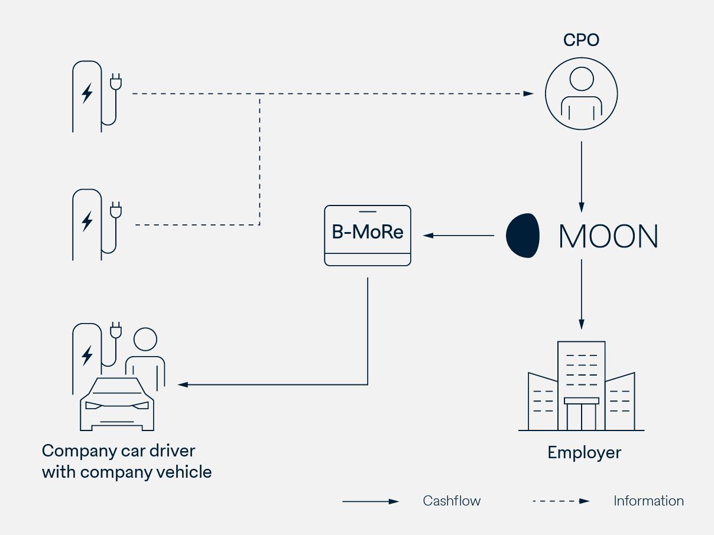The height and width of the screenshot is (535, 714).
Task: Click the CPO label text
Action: [x=581, y=40]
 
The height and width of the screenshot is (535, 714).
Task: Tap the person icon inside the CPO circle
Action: [x=581, y=94]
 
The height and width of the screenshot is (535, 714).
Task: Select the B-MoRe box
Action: [x=368, y=235]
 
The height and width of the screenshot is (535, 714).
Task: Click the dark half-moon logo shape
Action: [x=523, y=236]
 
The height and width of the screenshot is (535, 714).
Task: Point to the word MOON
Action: [x=608, y=236]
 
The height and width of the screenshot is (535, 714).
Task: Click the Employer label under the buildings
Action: [x=584, y=453]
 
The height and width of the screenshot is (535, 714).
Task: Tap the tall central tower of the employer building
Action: [x=582, y=378]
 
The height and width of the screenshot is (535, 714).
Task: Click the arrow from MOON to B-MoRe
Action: [x=459, y=236]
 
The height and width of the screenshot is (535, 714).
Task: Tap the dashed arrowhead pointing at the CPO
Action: [x=528, y=93]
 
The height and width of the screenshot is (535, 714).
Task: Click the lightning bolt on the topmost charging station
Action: [x=87, y=93]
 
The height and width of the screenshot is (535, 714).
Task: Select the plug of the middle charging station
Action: [x=116, y=210]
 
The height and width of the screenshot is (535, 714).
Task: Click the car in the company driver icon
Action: [x=117, y=404]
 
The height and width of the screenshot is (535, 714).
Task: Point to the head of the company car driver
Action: [x=145, y=340]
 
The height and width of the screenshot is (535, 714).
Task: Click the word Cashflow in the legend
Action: [x=452, y=501]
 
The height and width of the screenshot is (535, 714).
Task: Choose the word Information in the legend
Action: [x=648, y=501]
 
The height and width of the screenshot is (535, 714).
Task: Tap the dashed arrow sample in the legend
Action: [x=561, y=501]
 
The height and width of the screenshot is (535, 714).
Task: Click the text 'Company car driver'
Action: [x=118, y=451]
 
